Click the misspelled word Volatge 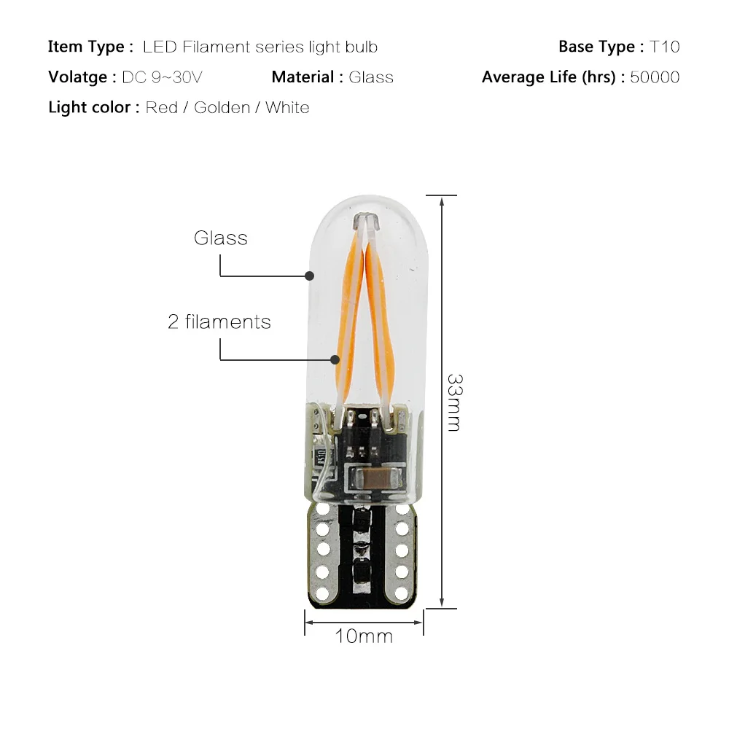78,77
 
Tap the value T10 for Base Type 664,47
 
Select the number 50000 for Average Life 655,77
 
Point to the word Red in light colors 161,107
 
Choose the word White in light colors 287,107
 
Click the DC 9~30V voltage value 162,77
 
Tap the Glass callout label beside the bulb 221,238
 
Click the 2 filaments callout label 219,321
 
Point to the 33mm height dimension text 454,402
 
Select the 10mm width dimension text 364,636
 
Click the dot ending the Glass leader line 309,276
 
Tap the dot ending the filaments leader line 335,359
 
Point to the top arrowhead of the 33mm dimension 442,200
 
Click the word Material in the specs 303,77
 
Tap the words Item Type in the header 86,47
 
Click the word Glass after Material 371,77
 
